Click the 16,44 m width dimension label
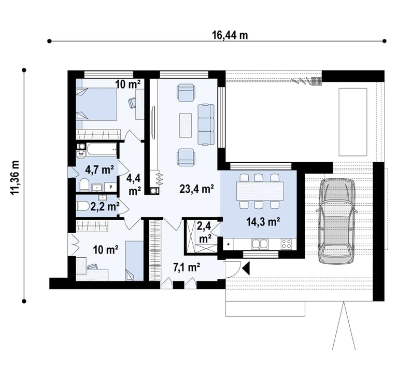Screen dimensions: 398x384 point(230,35)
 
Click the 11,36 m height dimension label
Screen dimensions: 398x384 point(15,177)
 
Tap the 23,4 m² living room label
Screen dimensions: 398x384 point(197,189)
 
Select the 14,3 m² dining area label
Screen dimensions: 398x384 point(263,222)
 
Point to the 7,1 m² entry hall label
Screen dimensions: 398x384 point(187,267)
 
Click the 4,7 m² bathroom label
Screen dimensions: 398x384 point(99,169)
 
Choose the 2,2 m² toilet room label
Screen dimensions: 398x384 point(105,207)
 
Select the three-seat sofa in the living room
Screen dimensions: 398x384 point(206,124)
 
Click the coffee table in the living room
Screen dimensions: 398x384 point(186,125)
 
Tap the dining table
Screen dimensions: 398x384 point(260,191)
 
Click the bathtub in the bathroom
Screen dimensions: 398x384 point(102,149)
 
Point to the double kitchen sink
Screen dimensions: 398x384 point(260,244)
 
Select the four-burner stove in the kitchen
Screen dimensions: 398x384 point(287,244)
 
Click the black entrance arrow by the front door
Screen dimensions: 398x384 point(246,268)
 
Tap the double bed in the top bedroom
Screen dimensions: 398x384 point(97,104)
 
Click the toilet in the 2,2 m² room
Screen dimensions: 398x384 point(82,206)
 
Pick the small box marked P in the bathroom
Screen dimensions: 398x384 point(111,187)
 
